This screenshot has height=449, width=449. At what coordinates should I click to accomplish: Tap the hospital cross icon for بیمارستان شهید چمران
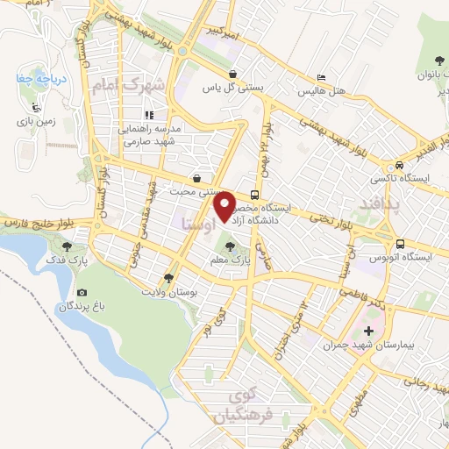(368, 331)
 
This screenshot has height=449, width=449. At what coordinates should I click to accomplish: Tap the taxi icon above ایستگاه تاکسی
(399, 164)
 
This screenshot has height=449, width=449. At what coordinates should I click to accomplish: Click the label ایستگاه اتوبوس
(399, 257)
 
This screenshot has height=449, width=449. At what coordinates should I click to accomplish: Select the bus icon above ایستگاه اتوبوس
(399, 244)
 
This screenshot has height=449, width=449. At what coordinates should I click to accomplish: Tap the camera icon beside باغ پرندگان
(82, 293)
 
